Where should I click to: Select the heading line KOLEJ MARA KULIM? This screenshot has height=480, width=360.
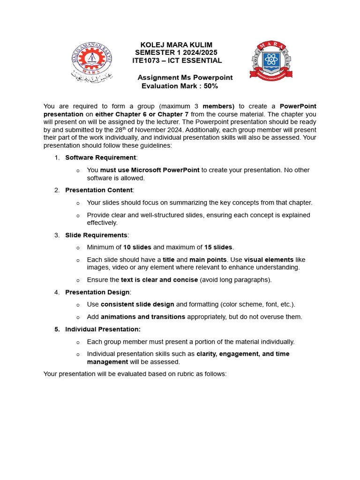pyautogui.click(x=176, y=45)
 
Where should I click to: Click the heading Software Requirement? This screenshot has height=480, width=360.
pyautogui.click(x=100, y=157)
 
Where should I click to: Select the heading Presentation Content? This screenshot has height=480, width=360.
pyautogui.click(x=99, y=190)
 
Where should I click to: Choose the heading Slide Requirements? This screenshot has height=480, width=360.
pyautogui.click(x=96, y=235)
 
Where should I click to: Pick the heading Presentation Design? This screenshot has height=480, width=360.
pyautogui.click(x=97, y=292)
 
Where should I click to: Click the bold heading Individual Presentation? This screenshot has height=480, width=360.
pyautogui.click(x=103, y=329)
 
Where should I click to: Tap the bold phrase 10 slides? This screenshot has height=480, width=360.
pyautogui.click(x=137, y=247)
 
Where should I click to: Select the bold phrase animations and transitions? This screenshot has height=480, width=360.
pyautogui.click(x=143, y=317)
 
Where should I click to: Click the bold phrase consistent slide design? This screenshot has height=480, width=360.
pyautogui.click(x=137, y=304)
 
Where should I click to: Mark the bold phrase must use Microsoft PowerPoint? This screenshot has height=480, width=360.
pyautogui.click(x=150, y=170)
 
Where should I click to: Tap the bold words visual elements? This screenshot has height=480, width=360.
pyautogui.click(x=269, y=260)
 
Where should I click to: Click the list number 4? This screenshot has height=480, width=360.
pyautogui.click(x=57, y=292)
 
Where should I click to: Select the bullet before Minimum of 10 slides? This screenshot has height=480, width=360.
pyautogui.click(x=78, y=247)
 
